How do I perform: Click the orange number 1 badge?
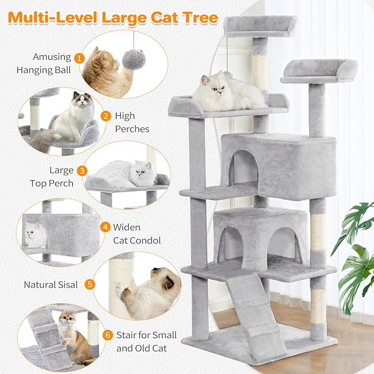click(x=80, y=57)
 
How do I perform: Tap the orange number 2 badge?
click(x=105, y=116)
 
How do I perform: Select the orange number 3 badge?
click(x=83, y=170)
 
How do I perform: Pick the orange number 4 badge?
click(x=105, y=226)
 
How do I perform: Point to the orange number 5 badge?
click(x=90, y=285)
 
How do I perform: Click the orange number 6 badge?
click(x=107, y=334)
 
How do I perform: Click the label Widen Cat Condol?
click(x=137, y=234)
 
